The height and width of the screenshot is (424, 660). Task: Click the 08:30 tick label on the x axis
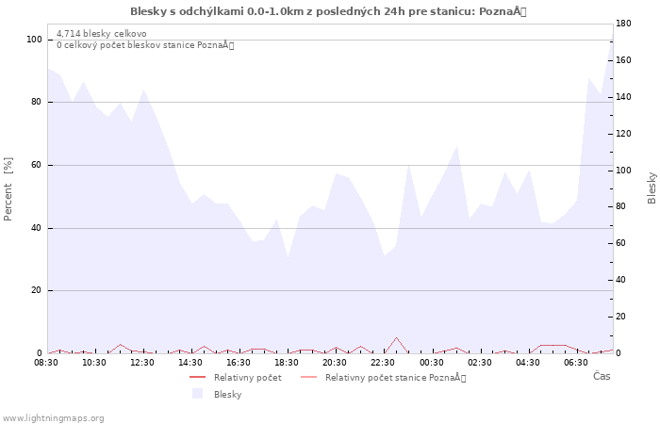(46, 362)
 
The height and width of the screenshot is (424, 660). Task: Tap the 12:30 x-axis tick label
(142, 362)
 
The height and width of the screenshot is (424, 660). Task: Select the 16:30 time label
(239, 362)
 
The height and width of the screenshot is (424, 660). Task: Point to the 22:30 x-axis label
(383, 362)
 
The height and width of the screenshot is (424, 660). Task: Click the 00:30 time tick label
(432, 362)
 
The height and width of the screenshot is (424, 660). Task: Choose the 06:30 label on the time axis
(576, 362)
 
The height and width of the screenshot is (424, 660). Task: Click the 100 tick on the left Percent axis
(34, 40)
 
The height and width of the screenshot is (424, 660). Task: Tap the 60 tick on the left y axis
(37, 165)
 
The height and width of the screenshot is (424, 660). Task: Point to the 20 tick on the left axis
(37, 290)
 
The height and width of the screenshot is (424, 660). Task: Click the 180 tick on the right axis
(623, 23)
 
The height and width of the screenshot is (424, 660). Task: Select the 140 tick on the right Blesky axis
(623, 96)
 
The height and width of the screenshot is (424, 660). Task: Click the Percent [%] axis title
(8, 188)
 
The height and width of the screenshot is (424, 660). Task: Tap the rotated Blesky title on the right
(652, 188)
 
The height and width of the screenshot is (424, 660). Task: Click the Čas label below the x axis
(602, 377)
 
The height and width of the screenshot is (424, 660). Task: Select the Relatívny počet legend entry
(247, 378)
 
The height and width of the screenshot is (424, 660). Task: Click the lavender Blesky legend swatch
(197, 394)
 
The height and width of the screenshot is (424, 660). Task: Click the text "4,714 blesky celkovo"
(101, 34)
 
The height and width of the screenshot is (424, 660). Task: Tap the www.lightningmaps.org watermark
(53, 418)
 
